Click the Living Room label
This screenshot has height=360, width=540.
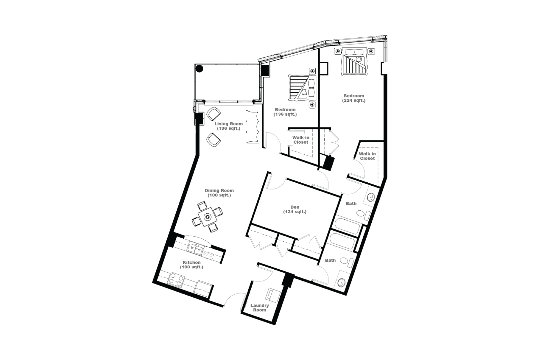click(x=229, y=126)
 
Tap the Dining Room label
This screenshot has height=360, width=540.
click(x=219, y=193)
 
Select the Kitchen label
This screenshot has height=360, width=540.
click(x=192, y=265)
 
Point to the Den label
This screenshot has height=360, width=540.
click(x=294, y=209)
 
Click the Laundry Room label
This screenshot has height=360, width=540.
click(x=260, y=308)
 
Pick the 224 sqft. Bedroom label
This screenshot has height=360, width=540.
click(x=354, y=98)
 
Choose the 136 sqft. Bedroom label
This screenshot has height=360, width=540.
click(x=285, y=112)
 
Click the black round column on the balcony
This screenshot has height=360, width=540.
click(x=199, y=69)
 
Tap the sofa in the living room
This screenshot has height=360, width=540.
click(x=253, y=126)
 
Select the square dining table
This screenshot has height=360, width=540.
click(x=207, y=217)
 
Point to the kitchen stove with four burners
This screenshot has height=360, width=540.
click(x=176, y=280)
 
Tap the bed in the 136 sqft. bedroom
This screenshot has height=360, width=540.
click(x=302, y=87)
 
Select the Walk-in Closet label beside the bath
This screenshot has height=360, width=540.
click(x=367, y=156)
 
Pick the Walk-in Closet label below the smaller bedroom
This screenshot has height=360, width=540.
click(x=301, y=140)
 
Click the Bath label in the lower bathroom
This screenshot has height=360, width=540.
click(x=330, y=260)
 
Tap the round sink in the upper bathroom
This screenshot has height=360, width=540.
click(x=371, y=197)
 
